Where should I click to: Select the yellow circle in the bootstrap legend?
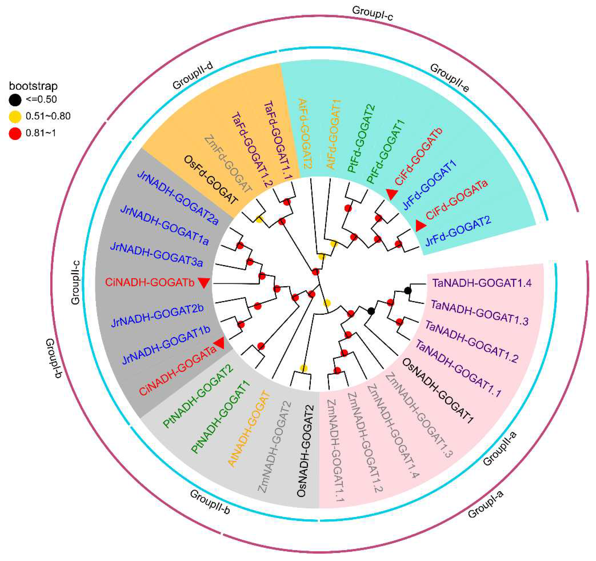coord(15,116)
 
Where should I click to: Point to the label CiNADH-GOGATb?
coord(150,282)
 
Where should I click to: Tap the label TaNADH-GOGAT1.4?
coord(482,283)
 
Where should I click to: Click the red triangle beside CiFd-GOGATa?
coord(420,226)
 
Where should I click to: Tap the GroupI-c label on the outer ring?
coord(372,13)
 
